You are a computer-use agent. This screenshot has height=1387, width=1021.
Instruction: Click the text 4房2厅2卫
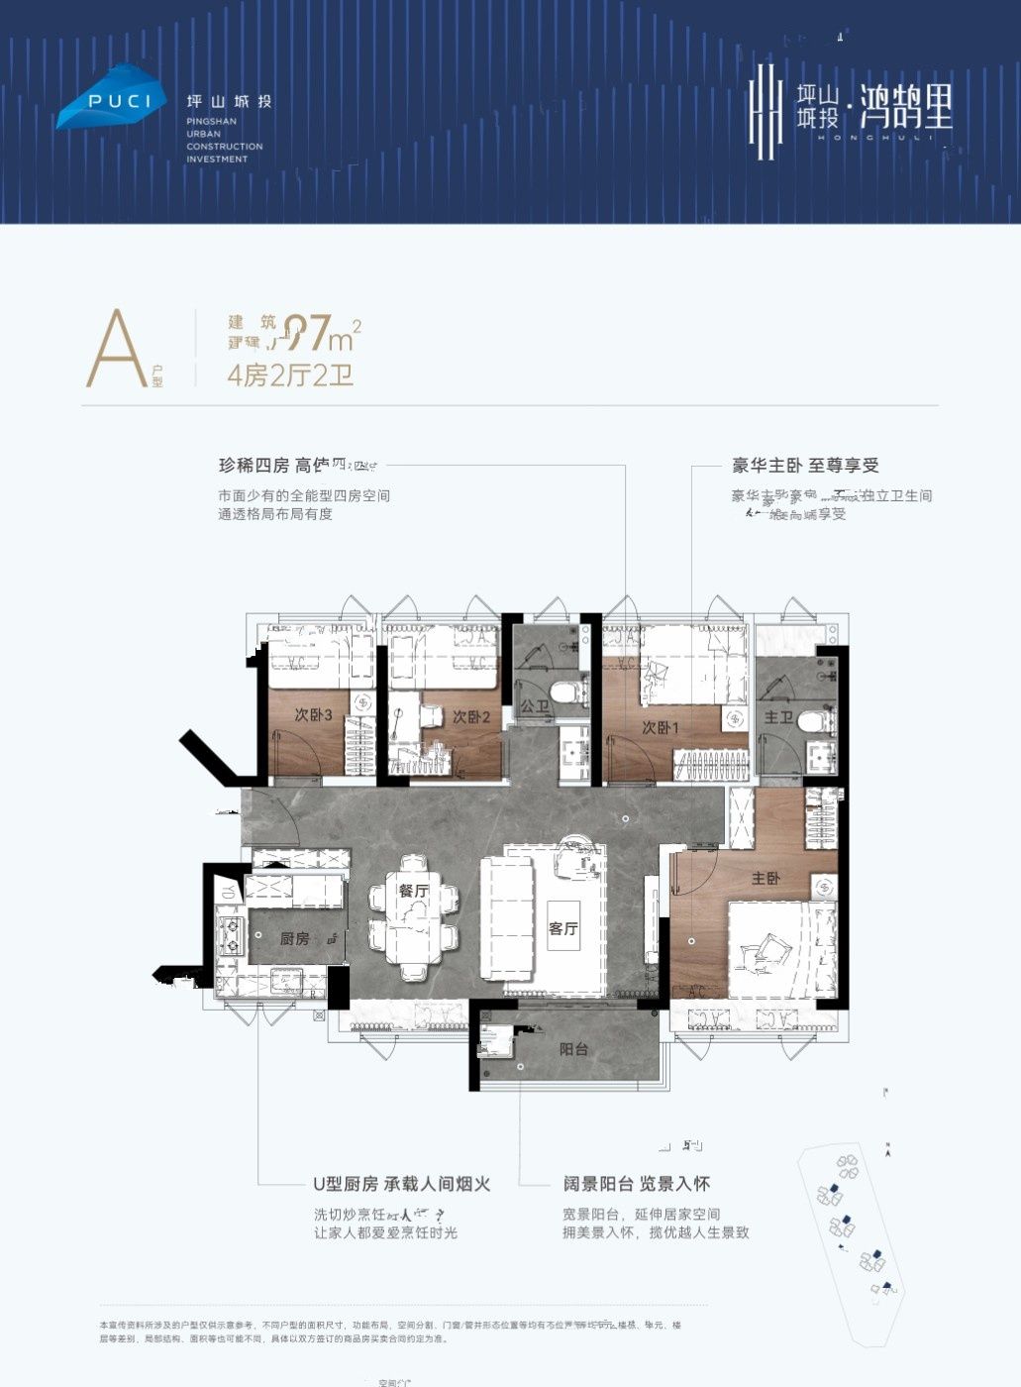(290, 375)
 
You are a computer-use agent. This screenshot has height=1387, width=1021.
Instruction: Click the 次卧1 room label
(660, 728)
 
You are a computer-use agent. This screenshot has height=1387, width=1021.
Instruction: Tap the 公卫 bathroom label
(534, 707)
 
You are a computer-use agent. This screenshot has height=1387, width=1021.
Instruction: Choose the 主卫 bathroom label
(778, 716)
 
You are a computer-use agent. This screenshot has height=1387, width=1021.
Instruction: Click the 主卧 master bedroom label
(766, 878)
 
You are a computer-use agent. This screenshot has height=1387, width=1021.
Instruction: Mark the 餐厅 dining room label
(414, 891)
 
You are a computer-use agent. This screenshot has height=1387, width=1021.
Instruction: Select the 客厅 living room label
(562, 928)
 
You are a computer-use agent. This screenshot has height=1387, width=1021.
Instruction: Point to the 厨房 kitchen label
(294, 938)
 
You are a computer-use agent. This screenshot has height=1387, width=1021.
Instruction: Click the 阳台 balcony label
(574, 1049)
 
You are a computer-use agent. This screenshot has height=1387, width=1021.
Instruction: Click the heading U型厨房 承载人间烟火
(401, 1184)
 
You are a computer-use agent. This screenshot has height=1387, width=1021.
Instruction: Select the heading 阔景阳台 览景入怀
(637, 1184)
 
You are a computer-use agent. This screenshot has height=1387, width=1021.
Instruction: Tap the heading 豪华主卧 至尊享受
(805, 466)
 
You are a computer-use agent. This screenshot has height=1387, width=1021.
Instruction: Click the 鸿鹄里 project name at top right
(906, 108)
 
